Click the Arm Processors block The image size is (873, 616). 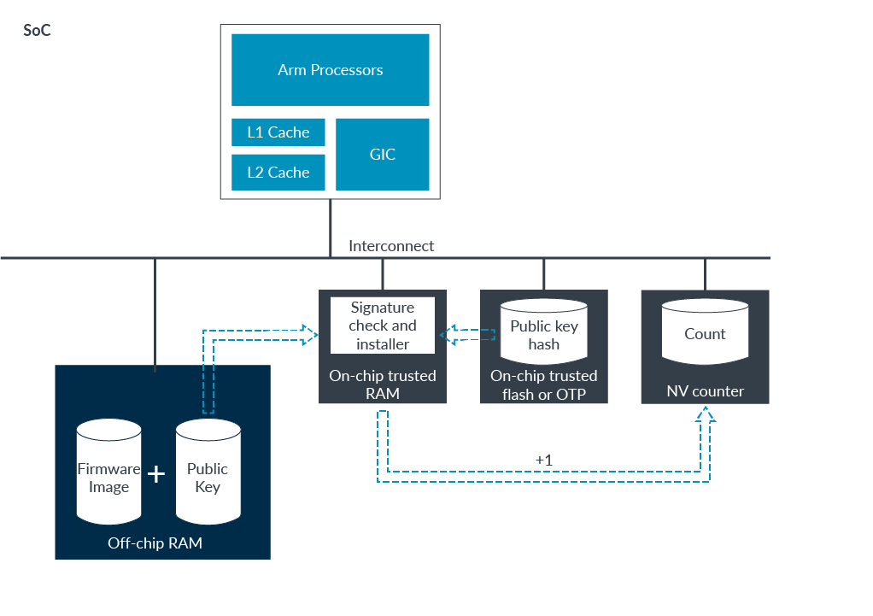click(x=330, y=70)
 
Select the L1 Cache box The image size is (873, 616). click(x=278, y=132)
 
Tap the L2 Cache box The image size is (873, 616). click(x=278, y=173)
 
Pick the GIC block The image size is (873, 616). click(x=382, y=155)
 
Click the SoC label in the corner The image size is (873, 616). click(x=37, y=31)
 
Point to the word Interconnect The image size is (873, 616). click(x=391, y=246)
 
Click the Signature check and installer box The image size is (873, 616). click(x=383, y=326)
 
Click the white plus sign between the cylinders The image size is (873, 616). click(x=156, y=474)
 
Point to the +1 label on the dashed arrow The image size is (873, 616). click(x=544, y=461)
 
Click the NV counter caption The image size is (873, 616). click(x=705, y=391)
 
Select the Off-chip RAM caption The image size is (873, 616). click(x=155, y=543)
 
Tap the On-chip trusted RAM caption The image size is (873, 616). click(x=383, y=384)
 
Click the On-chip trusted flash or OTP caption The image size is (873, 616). click(x=543, y=384)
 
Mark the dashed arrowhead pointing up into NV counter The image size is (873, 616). click(x=705, y=414)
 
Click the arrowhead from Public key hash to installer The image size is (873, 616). click(x=447, y=334)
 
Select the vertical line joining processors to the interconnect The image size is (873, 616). click(x=331, y=227)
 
